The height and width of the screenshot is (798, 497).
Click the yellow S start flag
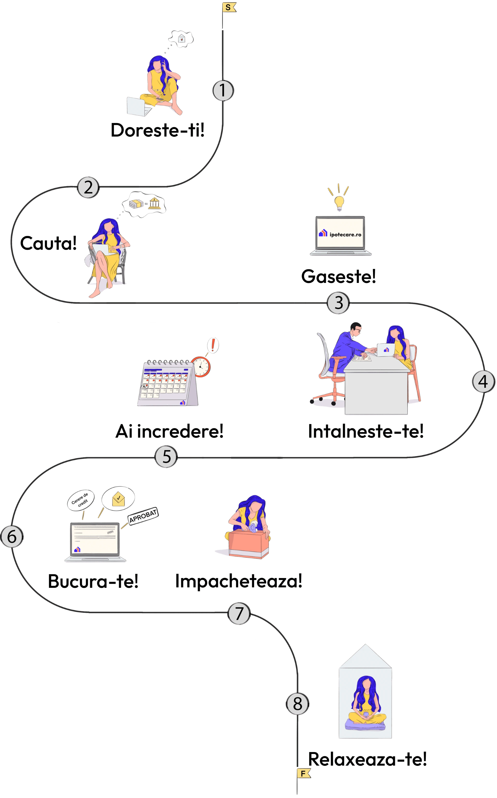coord(229,7)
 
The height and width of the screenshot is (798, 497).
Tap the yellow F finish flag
coord(303,774)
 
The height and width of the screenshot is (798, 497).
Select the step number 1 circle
coord(223,90)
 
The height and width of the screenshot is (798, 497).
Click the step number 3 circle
coord(338,303)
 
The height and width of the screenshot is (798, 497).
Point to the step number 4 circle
coord(483,382)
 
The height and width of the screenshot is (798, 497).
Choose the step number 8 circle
coord(297,704)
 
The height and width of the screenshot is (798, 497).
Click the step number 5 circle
coord(166,457)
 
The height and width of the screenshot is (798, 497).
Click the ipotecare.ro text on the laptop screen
coord(345,234)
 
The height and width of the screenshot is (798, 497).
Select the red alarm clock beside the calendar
coord(201,366)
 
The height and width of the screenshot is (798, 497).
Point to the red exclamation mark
coord(213,345)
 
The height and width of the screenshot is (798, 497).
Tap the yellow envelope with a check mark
coord(118,499)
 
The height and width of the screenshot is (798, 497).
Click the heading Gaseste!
coord(338,276)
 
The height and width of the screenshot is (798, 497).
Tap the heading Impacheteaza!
coord(239,581)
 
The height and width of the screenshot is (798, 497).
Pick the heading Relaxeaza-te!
coord(367,759)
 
